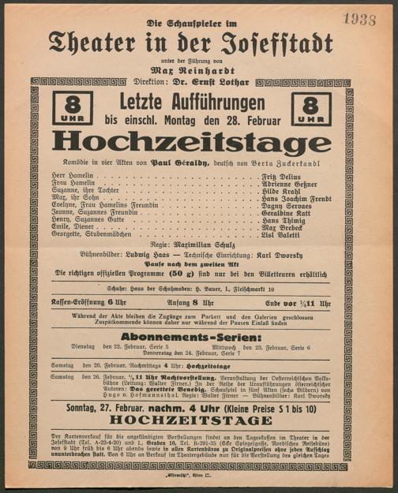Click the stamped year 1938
359,20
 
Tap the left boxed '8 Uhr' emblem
72,108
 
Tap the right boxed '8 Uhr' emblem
312,108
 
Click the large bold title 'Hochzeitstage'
192,142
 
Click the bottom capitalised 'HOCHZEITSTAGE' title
192,420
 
